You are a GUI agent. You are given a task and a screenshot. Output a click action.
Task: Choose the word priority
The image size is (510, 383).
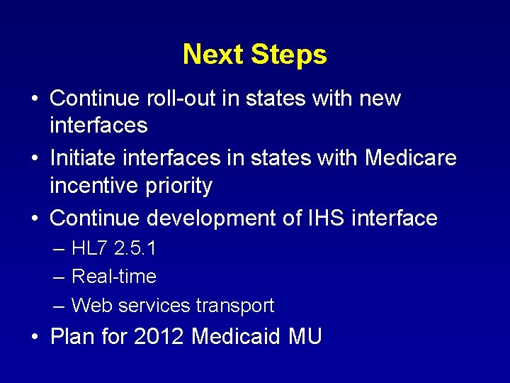[x=180, y=186]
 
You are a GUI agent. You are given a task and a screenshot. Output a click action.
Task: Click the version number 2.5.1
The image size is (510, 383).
[x=135, y=249]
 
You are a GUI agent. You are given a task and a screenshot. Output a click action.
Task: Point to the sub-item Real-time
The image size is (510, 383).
[x=114, y=277]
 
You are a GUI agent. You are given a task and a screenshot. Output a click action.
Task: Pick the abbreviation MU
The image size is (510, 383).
[x=305, y=336]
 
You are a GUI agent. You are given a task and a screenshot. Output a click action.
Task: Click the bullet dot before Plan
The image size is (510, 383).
[x=35, y=337]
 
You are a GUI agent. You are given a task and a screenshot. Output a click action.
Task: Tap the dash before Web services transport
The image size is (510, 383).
[x=59, y=306]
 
